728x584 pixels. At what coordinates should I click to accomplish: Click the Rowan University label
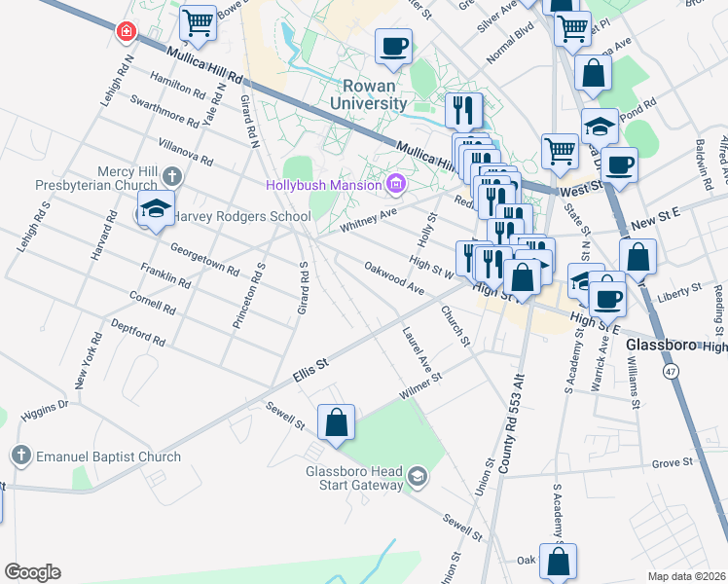(368, 94)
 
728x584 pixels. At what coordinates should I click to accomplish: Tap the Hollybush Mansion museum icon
(395, 183)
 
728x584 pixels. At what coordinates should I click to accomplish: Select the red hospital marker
(125, 32)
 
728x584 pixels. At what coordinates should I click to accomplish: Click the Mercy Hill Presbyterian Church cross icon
(171, 176)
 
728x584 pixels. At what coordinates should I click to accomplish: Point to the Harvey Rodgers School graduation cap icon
(155, 209)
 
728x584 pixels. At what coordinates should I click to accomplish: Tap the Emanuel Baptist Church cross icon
(20, 456)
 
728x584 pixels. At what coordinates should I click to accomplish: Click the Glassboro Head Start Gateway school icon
(417, 475)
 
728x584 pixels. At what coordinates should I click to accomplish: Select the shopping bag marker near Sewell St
(336, 422)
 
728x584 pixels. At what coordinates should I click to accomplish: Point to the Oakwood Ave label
(394, 277)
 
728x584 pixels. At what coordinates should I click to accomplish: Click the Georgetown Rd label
(204, 258)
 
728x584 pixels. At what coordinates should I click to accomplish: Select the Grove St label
(672, 463)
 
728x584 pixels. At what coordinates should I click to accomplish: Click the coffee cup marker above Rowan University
(393, 46)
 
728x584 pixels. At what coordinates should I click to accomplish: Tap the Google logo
(32, 572)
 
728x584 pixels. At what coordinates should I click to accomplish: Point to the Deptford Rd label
(137, 331)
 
